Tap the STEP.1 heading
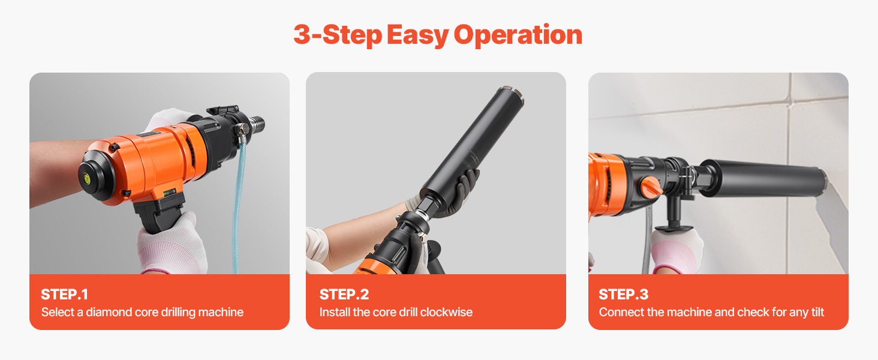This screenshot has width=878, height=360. point(64,295)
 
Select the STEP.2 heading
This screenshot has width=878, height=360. point(344,295)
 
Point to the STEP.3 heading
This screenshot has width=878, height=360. point(623,295)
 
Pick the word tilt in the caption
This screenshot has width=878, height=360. point(817,312)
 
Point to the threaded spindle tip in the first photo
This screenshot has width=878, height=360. point(257,124)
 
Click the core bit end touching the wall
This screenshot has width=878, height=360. point(822,184)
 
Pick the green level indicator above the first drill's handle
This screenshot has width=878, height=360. point(169,192)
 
